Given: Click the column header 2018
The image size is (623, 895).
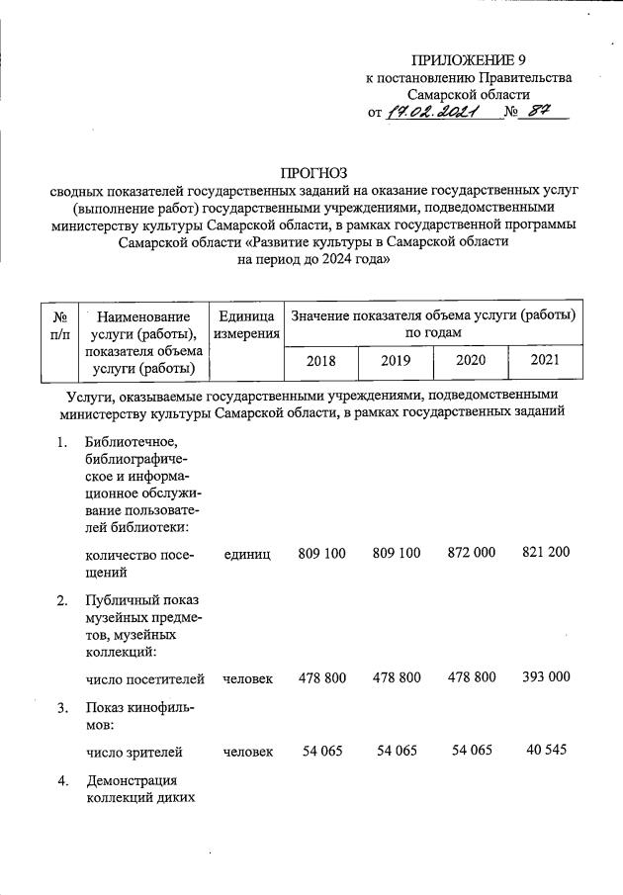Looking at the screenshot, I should (321, 361).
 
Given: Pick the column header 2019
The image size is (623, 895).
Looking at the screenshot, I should (397, 361).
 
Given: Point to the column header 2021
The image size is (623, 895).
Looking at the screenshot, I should (545, 360).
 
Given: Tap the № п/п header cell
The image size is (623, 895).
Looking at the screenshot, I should (58, 326).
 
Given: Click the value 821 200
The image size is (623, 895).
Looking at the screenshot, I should (546, 553).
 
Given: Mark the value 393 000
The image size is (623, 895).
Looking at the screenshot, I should (546, 678).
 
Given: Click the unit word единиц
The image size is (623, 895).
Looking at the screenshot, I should (247, 554).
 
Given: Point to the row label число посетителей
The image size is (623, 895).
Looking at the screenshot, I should (144, 679).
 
